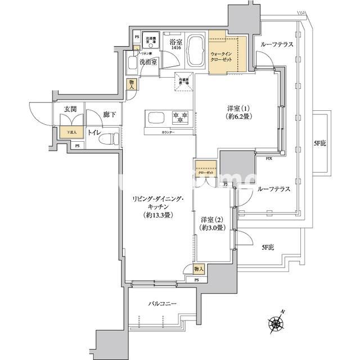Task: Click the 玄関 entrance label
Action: tap(70, 109)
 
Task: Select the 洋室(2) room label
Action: tap(212, 223)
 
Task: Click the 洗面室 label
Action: tap(148, 61)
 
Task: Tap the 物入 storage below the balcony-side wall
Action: tap(198, 269)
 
